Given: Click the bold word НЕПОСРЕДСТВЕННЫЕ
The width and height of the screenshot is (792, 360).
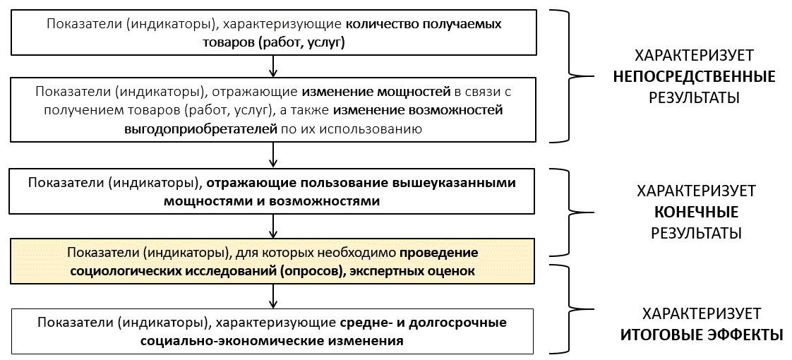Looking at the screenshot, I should click(x=694, y=77).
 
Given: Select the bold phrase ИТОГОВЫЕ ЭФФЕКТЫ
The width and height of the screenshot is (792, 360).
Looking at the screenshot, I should click(x=702, y=335).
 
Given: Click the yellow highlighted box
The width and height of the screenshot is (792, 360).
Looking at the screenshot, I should click(x=272, y=261).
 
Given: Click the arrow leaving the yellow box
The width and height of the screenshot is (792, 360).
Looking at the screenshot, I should click(x=272, y=296).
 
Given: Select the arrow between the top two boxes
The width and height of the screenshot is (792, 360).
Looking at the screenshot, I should click(x=272, y=66).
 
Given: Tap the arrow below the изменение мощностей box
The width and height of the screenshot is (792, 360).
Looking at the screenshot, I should click(x=272, y=154).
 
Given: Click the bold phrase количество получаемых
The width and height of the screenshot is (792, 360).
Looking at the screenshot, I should click(x=424, y=24).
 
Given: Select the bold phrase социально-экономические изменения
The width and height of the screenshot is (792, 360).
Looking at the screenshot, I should click(x=272, y=340).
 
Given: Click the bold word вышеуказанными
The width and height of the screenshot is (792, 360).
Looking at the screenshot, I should click(x=455, y=183).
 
